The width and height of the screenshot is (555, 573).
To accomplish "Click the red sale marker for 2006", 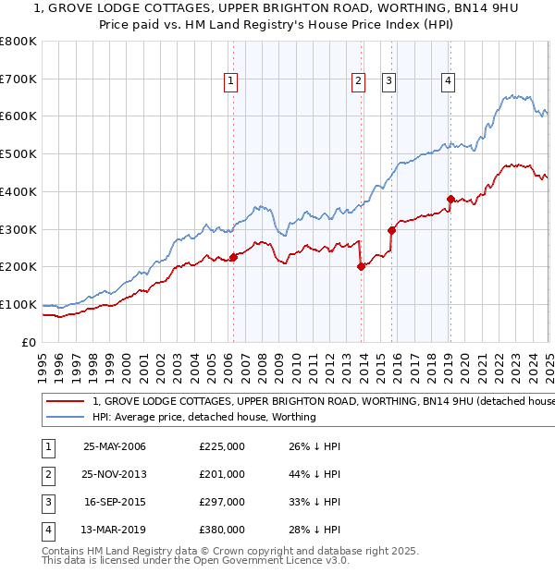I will [x=233, y=258].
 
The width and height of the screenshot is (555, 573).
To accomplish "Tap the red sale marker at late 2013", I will [x=361, y=267].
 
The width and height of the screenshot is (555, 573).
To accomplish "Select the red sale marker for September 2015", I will [x=391, y=230].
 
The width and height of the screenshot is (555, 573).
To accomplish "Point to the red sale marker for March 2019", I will [x=450, y=199].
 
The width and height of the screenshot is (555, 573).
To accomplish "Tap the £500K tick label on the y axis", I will [x=18, y=154].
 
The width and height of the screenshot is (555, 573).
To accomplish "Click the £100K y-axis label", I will [x=18, y=305].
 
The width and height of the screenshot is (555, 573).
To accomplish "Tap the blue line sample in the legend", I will [x=65, y=417].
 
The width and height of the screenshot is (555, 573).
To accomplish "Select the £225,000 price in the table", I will [x=222, y=446].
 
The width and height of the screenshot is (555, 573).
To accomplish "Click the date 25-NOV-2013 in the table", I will [x=115, y=474].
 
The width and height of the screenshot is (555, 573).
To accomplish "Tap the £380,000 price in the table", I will [x=222, y=530].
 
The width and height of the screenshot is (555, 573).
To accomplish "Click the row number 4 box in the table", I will [x=47, y=530].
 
